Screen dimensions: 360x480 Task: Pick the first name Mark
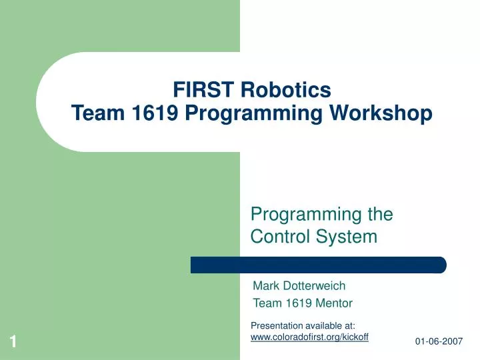pyautogui.click(x=266, y=286)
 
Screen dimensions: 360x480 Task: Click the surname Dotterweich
pyautogui.click(x=315, y=286)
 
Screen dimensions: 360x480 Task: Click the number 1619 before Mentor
pyautogui.click(x=294, y=303)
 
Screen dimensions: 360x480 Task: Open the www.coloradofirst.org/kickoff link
pyautogui.click(x=309, y=337)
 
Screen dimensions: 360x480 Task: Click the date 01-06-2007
pyautogui.click(x=439, y=341)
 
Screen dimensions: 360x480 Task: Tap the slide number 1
pyautogui.click(x=13, y=342)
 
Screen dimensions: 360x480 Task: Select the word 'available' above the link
pyautogui.click(x=323, y=325)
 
